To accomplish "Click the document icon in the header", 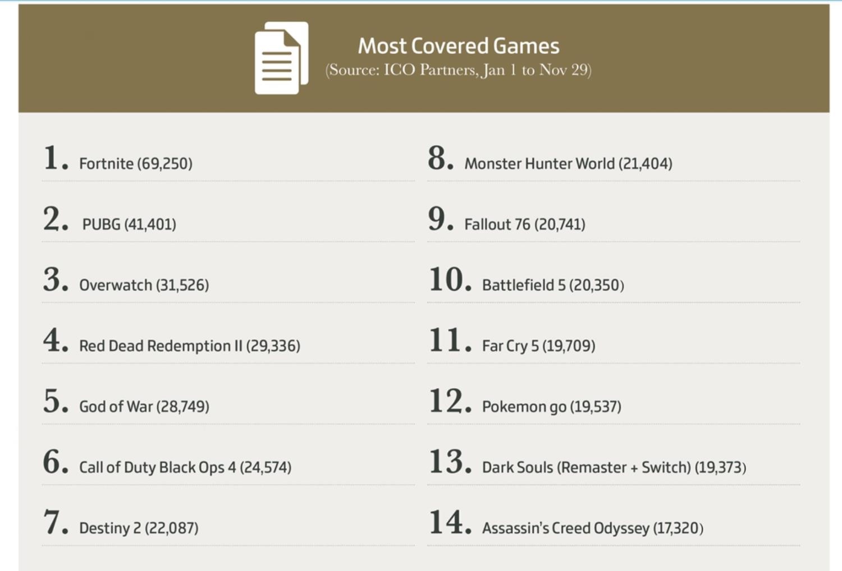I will [x=281, y=58].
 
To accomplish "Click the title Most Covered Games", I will [x=459, y=46].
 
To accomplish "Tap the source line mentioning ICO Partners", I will [x=458, y=70].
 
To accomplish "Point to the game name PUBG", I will [x=102, y=224].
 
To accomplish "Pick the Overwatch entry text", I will [x=116, y=285].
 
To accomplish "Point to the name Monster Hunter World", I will [x=539, y=164].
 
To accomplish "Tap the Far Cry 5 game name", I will [x=510, y=346].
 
